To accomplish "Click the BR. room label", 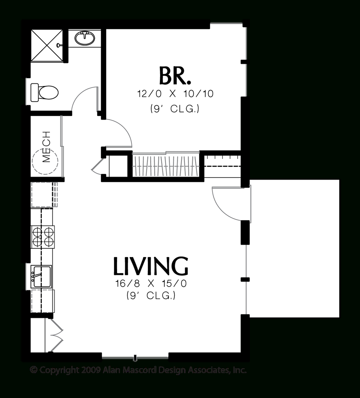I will pos(175,76).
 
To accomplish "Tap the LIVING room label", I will pos(151,266).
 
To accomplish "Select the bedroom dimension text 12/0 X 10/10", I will pos(175,94).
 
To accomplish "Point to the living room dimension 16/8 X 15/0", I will pos(151,284).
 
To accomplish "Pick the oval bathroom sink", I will pos(85,38).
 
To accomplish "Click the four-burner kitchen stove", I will pos(43,236).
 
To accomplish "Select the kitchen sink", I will pos(41,276).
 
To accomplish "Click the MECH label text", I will pos(46,147).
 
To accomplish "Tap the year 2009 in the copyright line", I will pos(90,370).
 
